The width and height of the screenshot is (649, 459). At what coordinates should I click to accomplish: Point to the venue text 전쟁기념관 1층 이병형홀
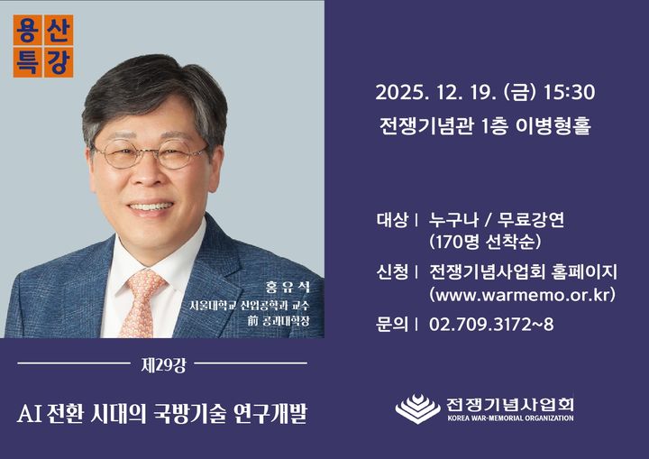tap(484, 126)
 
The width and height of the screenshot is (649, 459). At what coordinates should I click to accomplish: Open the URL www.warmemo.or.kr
tap(522, 295)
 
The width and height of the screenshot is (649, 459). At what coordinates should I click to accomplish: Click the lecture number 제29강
tap(163, 365)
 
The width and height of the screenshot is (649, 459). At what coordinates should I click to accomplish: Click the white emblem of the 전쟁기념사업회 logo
tap(417, 409)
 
